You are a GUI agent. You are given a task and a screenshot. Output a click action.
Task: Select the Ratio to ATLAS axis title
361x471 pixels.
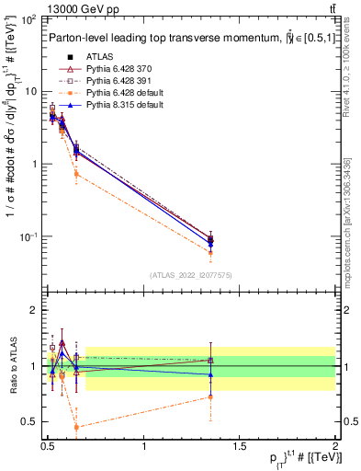(x=13, y=366)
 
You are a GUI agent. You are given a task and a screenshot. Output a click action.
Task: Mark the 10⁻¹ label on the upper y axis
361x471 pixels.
(x=26, y=236)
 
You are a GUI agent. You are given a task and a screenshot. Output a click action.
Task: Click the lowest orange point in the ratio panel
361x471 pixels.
(x=76, y=427)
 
